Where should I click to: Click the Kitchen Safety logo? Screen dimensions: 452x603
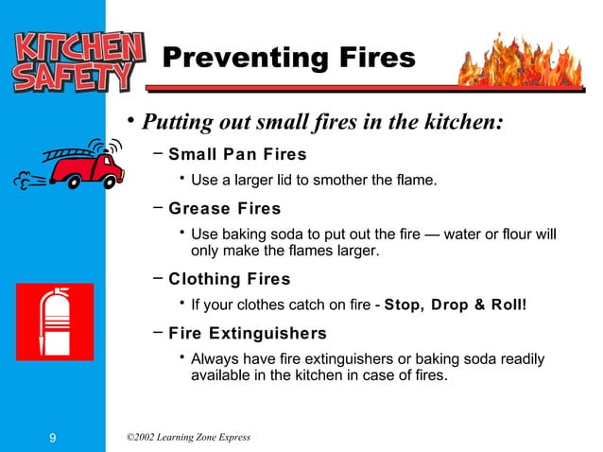(75, 63)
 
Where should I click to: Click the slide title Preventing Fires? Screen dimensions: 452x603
(288, 59)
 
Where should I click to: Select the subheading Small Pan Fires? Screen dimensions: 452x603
(237, 154)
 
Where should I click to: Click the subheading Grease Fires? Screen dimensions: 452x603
(224, 209)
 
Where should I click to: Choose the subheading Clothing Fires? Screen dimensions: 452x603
(229, 279)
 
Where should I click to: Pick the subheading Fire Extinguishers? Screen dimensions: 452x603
(248, 333)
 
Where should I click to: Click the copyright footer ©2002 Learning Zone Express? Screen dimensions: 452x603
(187, 436)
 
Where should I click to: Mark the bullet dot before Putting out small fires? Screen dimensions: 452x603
(133, 120)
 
